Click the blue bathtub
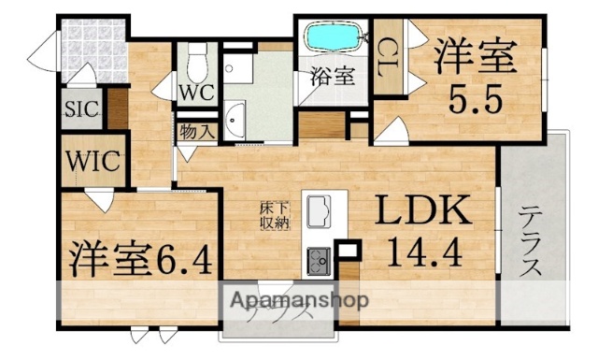coord(334,40)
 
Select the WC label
coord(196,93)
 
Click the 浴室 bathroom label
coord(334,77)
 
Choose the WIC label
coord(92,160)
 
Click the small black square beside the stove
coord(348,251)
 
